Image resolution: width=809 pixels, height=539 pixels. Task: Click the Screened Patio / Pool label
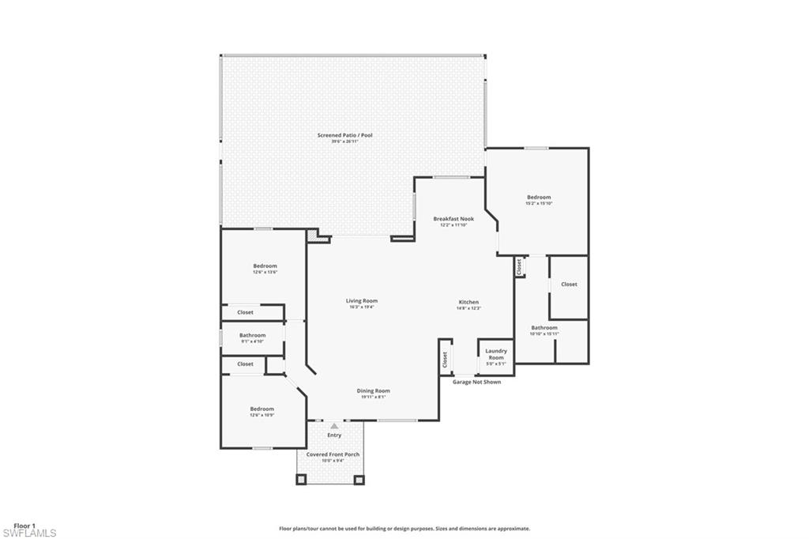[x=344, y=135]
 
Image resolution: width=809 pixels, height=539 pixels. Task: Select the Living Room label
[x=361, y=300]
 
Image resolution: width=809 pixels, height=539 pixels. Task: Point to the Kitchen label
[x=468, y=302]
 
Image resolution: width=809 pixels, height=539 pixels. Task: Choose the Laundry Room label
[x=496, y=353]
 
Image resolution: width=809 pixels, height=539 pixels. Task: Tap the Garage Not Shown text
[x=476, y=382]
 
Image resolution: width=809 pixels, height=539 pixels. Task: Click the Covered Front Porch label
[x=329, y=455]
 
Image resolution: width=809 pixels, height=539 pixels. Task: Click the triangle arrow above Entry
[x=334, y=426]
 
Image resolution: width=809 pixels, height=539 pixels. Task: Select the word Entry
[x=334, y=435]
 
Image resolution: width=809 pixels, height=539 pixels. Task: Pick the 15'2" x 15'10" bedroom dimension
[x=539, y=203]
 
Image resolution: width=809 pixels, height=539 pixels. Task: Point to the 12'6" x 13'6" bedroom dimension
[x=265, y=273]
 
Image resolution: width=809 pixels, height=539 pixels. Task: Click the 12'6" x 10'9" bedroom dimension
[x=262, y=415]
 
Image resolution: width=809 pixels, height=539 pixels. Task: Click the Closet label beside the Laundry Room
[x=445, y=360]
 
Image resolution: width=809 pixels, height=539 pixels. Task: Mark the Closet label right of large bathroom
[x=569, y=284]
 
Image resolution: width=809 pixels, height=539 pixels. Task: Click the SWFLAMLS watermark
[x=29, y=533]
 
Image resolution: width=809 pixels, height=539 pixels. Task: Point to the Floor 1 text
[x=24, y=525]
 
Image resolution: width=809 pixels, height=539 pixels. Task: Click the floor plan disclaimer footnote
[x=404, y=529]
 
